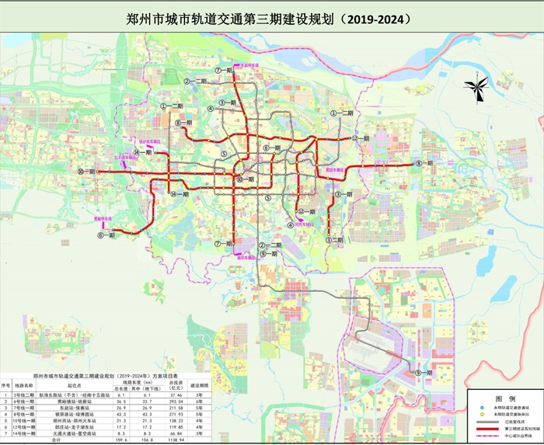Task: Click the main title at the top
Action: click(270, 16)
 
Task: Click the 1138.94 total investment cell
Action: click(176, 440)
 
